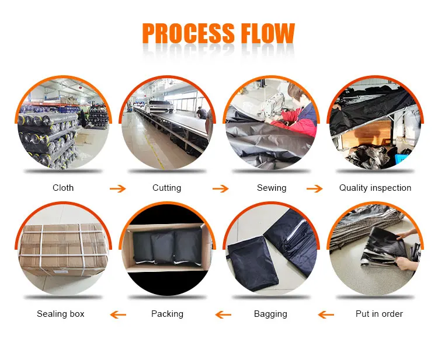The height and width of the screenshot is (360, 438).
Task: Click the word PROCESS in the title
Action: [x=188, y=34]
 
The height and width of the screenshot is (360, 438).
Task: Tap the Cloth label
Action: [x=63, y=188]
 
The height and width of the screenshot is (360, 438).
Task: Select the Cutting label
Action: [x=167, y=188]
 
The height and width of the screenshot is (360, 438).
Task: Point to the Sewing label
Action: [x=272, y=188]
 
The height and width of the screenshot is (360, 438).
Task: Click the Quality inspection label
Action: [x=376, y=188]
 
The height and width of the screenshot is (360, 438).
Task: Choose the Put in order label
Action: [x=379, y=314]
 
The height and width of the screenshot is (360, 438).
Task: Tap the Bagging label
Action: [x=270, y=314]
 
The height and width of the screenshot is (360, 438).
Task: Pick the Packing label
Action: [x=167, y=314]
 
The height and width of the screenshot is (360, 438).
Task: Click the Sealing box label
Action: [x=61, y=314]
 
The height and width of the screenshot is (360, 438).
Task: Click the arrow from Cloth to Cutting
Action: [x=118, y=188]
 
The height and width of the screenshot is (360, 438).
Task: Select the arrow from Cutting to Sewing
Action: [x=220, y=188]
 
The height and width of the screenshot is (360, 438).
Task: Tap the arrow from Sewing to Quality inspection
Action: [x=315, y=188]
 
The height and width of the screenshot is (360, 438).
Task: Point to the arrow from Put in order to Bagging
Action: [x=326, y=315]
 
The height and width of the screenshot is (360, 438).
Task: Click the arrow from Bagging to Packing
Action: [x=223, y=315]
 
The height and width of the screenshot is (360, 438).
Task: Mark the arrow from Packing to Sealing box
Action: [x=119, y=315]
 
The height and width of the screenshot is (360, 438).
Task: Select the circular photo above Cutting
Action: [x=167, y=124]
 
